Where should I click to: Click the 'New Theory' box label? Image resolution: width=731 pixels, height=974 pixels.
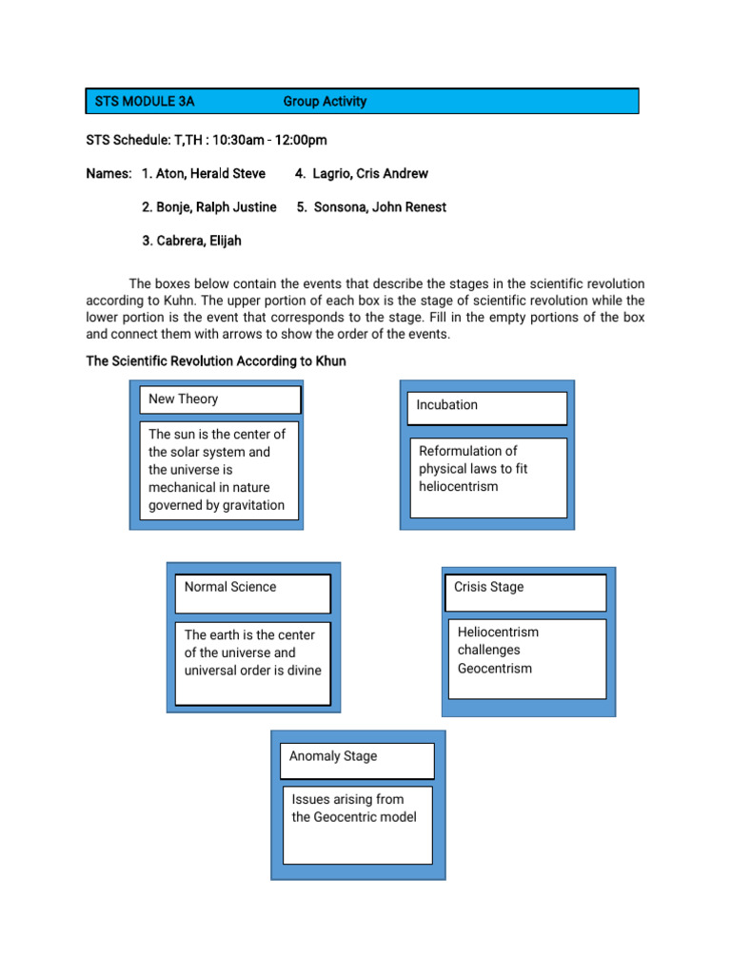tap(184, 399)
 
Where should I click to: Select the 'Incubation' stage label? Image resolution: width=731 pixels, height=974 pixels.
tap(447, 405)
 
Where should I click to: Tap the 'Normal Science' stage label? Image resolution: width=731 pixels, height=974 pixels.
tap(230, 587)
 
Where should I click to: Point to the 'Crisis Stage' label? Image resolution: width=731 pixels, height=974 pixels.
tap(489, 587)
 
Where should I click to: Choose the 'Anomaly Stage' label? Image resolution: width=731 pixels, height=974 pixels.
tap(333, 756)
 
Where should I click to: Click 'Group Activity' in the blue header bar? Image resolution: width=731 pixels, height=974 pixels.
tap(325, 102)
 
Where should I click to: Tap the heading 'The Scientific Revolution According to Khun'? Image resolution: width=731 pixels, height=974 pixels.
tap(216, 361)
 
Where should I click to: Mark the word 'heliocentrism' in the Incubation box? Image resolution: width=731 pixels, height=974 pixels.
tap(459, 487)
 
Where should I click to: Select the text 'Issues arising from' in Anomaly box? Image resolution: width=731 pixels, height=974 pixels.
tap(347, 800)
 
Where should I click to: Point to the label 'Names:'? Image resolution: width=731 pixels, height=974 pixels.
tap(108, 174)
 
